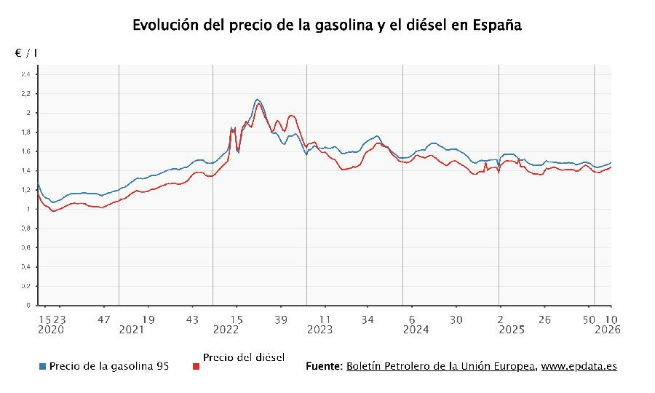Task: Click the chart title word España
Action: tap(497, 25)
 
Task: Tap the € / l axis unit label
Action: tap(26, 54)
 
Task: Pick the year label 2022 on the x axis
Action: tap(226, 330)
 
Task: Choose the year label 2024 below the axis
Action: tap(416, 330)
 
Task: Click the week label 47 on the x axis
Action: tap(105, 319)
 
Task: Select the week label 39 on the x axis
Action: tap(282, 319)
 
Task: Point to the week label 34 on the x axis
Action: tap(368, 319)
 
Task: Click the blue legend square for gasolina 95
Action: tap(43, 367)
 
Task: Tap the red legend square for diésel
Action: tap(196, 367)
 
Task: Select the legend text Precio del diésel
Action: tap(244, 357)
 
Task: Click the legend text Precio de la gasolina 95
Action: tap(110, 366)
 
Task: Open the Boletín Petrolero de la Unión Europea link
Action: tap(441, 366)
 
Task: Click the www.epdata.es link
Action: tap(579, 366)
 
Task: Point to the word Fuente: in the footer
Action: tap(324, 366)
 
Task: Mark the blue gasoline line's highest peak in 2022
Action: tap(258, 99)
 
